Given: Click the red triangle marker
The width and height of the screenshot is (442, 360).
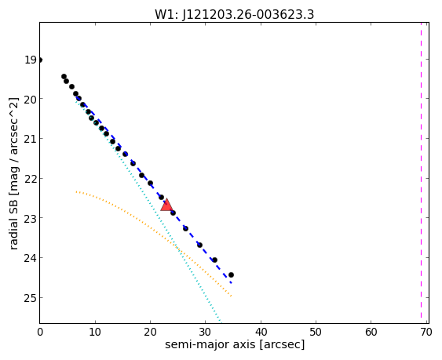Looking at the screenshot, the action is [166, 205].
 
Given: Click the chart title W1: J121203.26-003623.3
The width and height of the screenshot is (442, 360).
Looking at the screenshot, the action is [234, 15].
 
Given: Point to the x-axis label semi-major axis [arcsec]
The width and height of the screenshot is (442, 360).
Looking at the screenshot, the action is [235, 344].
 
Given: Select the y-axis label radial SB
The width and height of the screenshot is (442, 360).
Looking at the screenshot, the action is [14, 173].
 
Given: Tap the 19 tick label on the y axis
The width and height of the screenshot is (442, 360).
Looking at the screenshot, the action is [30, 60].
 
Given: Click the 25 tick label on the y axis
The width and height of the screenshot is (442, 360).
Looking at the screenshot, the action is [30, 298].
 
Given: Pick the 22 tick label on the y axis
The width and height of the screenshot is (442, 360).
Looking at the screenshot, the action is [30, 179].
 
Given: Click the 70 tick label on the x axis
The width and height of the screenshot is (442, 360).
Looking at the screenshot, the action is [426, 332].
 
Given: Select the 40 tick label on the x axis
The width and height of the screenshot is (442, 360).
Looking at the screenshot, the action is [261, 332].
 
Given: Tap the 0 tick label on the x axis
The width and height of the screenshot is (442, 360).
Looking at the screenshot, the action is [40, 332].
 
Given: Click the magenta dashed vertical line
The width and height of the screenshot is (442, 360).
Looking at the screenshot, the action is [421, 173].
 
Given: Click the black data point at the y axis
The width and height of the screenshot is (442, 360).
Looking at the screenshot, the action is [40, 60].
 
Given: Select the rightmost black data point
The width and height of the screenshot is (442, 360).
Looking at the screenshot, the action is [231, 275].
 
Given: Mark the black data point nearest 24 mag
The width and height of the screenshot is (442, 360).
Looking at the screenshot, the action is [215, 260].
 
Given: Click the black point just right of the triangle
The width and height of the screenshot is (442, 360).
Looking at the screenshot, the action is [173, 213].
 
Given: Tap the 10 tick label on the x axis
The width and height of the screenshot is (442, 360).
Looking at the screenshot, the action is [95, 332].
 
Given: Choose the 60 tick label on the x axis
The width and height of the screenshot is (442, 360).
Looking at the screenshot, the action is [371, 332].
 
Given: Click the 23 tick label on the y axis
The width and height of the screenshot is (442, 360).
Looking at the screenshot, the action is [30, 218].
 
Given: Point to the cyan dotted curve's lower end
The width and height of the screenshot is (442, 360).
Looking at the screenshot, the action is [221, 322].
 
